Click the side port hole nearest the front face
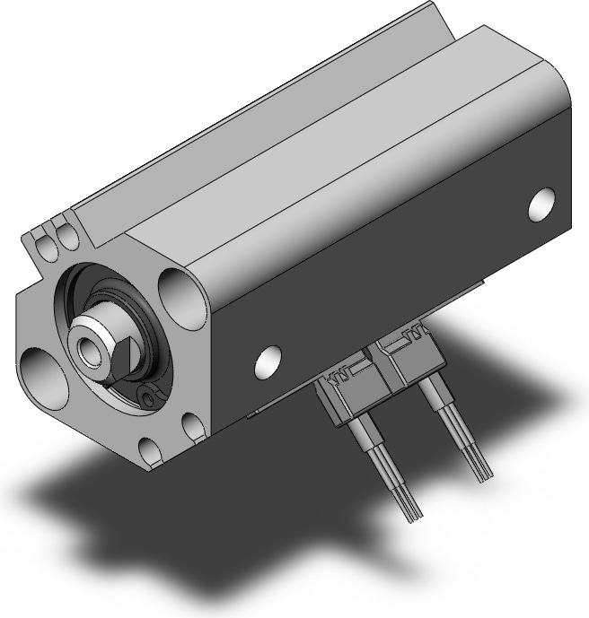click(x=268, y=361)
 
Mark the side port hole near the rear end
click(x=541, y=205)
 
